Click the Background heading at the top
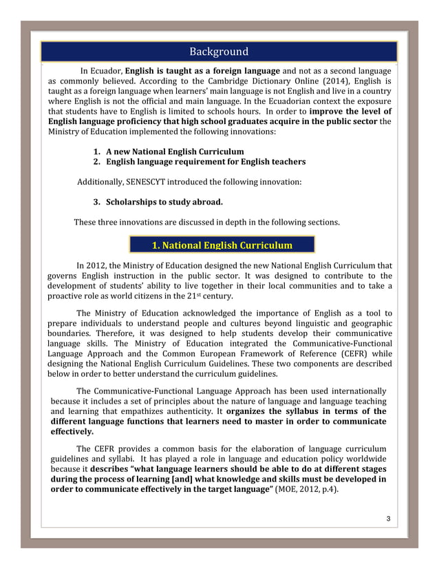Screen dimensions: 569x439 [219, 52]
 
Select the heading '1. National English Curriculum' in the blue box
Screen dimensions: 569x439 [222, 245]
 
